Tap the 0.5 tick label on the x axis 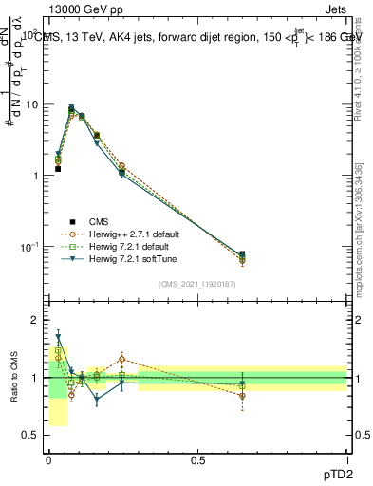click(198, 460)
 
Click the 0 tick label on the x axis click(48, 460)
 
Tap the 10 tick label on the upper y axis click(33, 105)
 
